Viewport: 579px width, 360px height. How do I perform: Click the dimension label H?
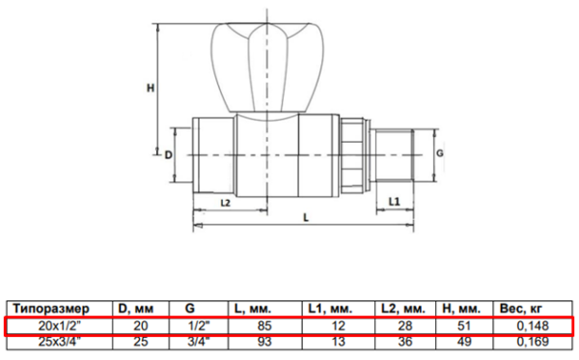tap(151, 88)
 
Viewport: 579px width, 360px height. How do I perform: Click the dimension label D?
tap(168, 155)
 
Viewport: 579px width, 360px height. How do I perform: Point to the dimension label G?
tap(440, 152)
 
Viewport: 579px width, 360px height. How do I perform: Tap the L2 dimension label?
tap(225, 203)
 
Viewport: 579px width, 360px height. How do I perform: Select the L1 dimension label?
tap(395, 202)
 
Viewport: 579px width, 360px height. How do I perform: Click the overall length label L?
tap(306, 218)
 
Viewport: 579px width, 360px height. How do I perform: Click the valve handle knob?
tap(267, 69)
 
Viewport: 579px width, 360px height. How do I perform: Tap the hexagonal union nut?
tap(352, 155)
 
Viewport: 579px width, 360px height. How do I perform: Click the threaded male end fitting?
tap(395, 155)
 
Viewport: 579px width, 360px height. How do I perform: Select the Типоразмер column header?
tap(51, 308)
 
